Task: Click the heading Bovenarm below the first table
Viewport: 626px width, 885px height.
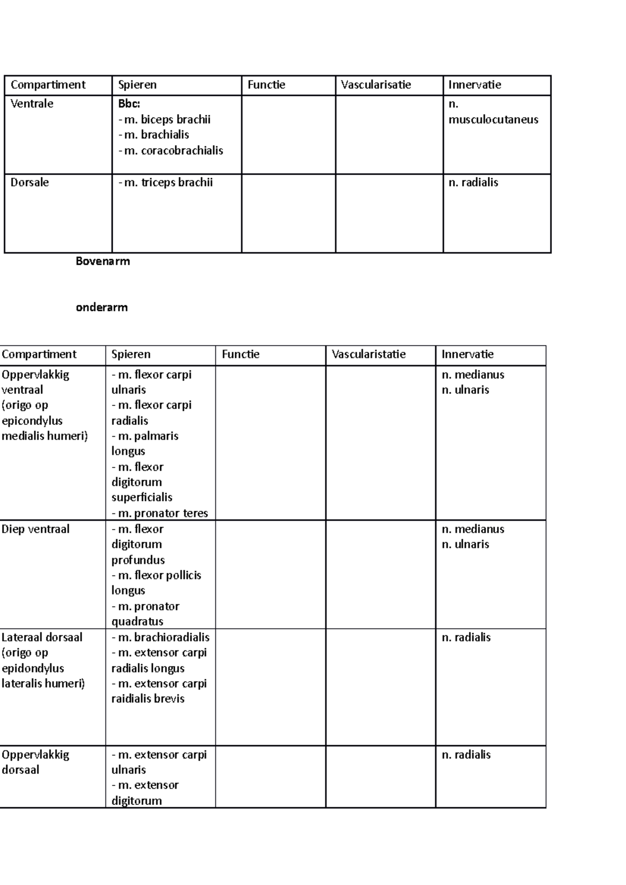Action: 103,261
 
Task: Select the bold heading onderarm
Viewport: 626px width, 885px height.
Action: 102,307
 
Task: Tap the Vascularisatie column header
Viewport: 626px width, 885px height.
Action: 376,85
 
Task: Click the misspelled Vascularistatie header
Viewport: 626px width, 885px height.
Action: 368,354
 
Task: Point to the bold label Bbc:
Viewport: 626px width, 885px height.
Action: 129,104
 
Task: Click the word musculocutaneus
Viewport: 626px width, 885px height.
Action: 493,119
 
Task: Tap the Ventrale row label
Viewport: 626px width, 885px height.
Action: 32,104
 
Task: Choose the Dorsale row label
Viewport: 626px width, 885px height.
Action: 30,182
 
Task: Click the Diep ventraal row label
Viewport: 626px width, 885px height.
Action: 35,529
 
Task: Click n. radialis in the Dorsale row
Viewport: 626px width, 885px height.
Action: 473,182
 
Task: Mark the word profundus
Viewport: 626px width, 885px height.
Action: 138,560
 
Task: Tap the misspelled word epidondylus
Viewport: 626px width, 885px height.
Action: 33,668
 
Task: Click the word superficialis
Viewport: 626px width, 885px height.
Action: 141,497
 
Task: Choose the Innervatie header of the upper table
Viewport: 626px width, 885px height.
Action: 474,85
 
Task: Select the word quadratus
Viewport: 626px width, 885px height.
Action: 137,621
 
